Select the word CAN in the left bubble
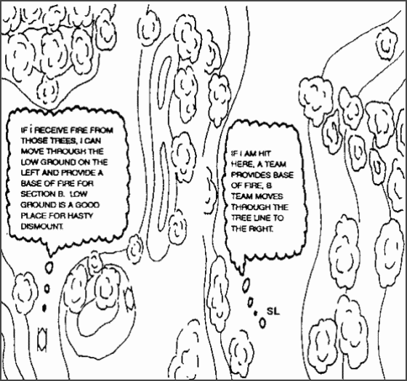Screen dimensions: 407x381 93,141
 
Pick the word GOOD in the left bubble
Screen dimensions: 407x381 87,205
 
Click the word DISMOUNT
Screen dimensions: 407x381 41,226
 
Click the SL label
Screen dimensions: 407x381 273,311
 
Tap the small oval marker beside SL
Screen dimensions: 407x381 262,323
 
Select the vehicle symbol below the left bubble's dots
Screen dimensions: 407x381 42,339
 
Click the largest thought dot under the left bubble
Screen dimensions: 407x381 49,268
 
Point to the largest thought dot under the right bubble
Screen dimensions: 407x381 246,284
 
